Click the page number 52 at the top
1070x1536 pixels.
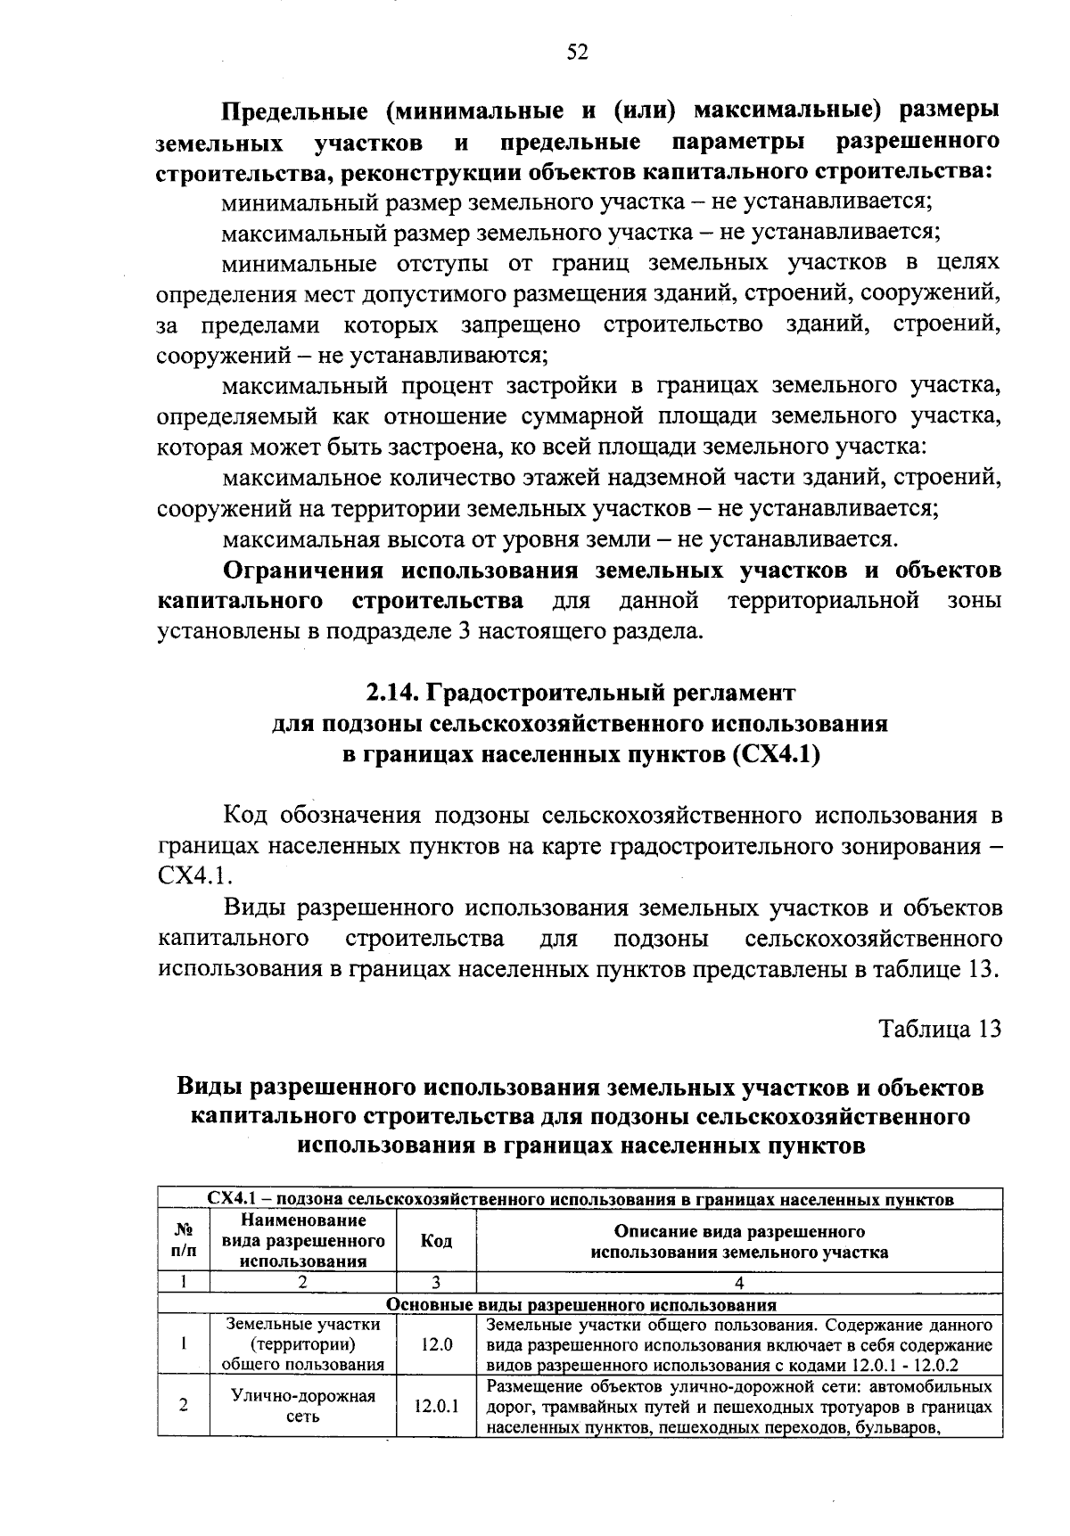coord(578,53)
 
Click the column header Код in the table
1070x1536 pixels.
coord(436,1241)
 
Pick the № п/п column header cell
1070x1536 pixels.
coord(183,1240)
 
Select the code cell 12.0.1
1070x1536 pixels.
coord(436,1406)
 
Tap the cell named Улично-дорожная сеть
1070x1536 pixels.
coord(303,1406)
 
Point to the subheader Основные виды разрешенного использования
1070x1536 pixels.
coord(580,1305)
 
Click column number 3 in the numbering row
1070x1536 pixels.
coord(436,1283)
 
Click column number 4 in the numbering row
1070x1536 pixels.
coord(739,1284)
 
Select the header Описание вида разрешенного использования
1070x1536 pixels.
coord(739,1242)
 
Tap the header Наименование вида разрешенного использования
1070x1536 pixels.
coord(303,1240)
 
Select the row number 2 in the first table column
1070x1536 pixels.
coord(183,1406)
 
